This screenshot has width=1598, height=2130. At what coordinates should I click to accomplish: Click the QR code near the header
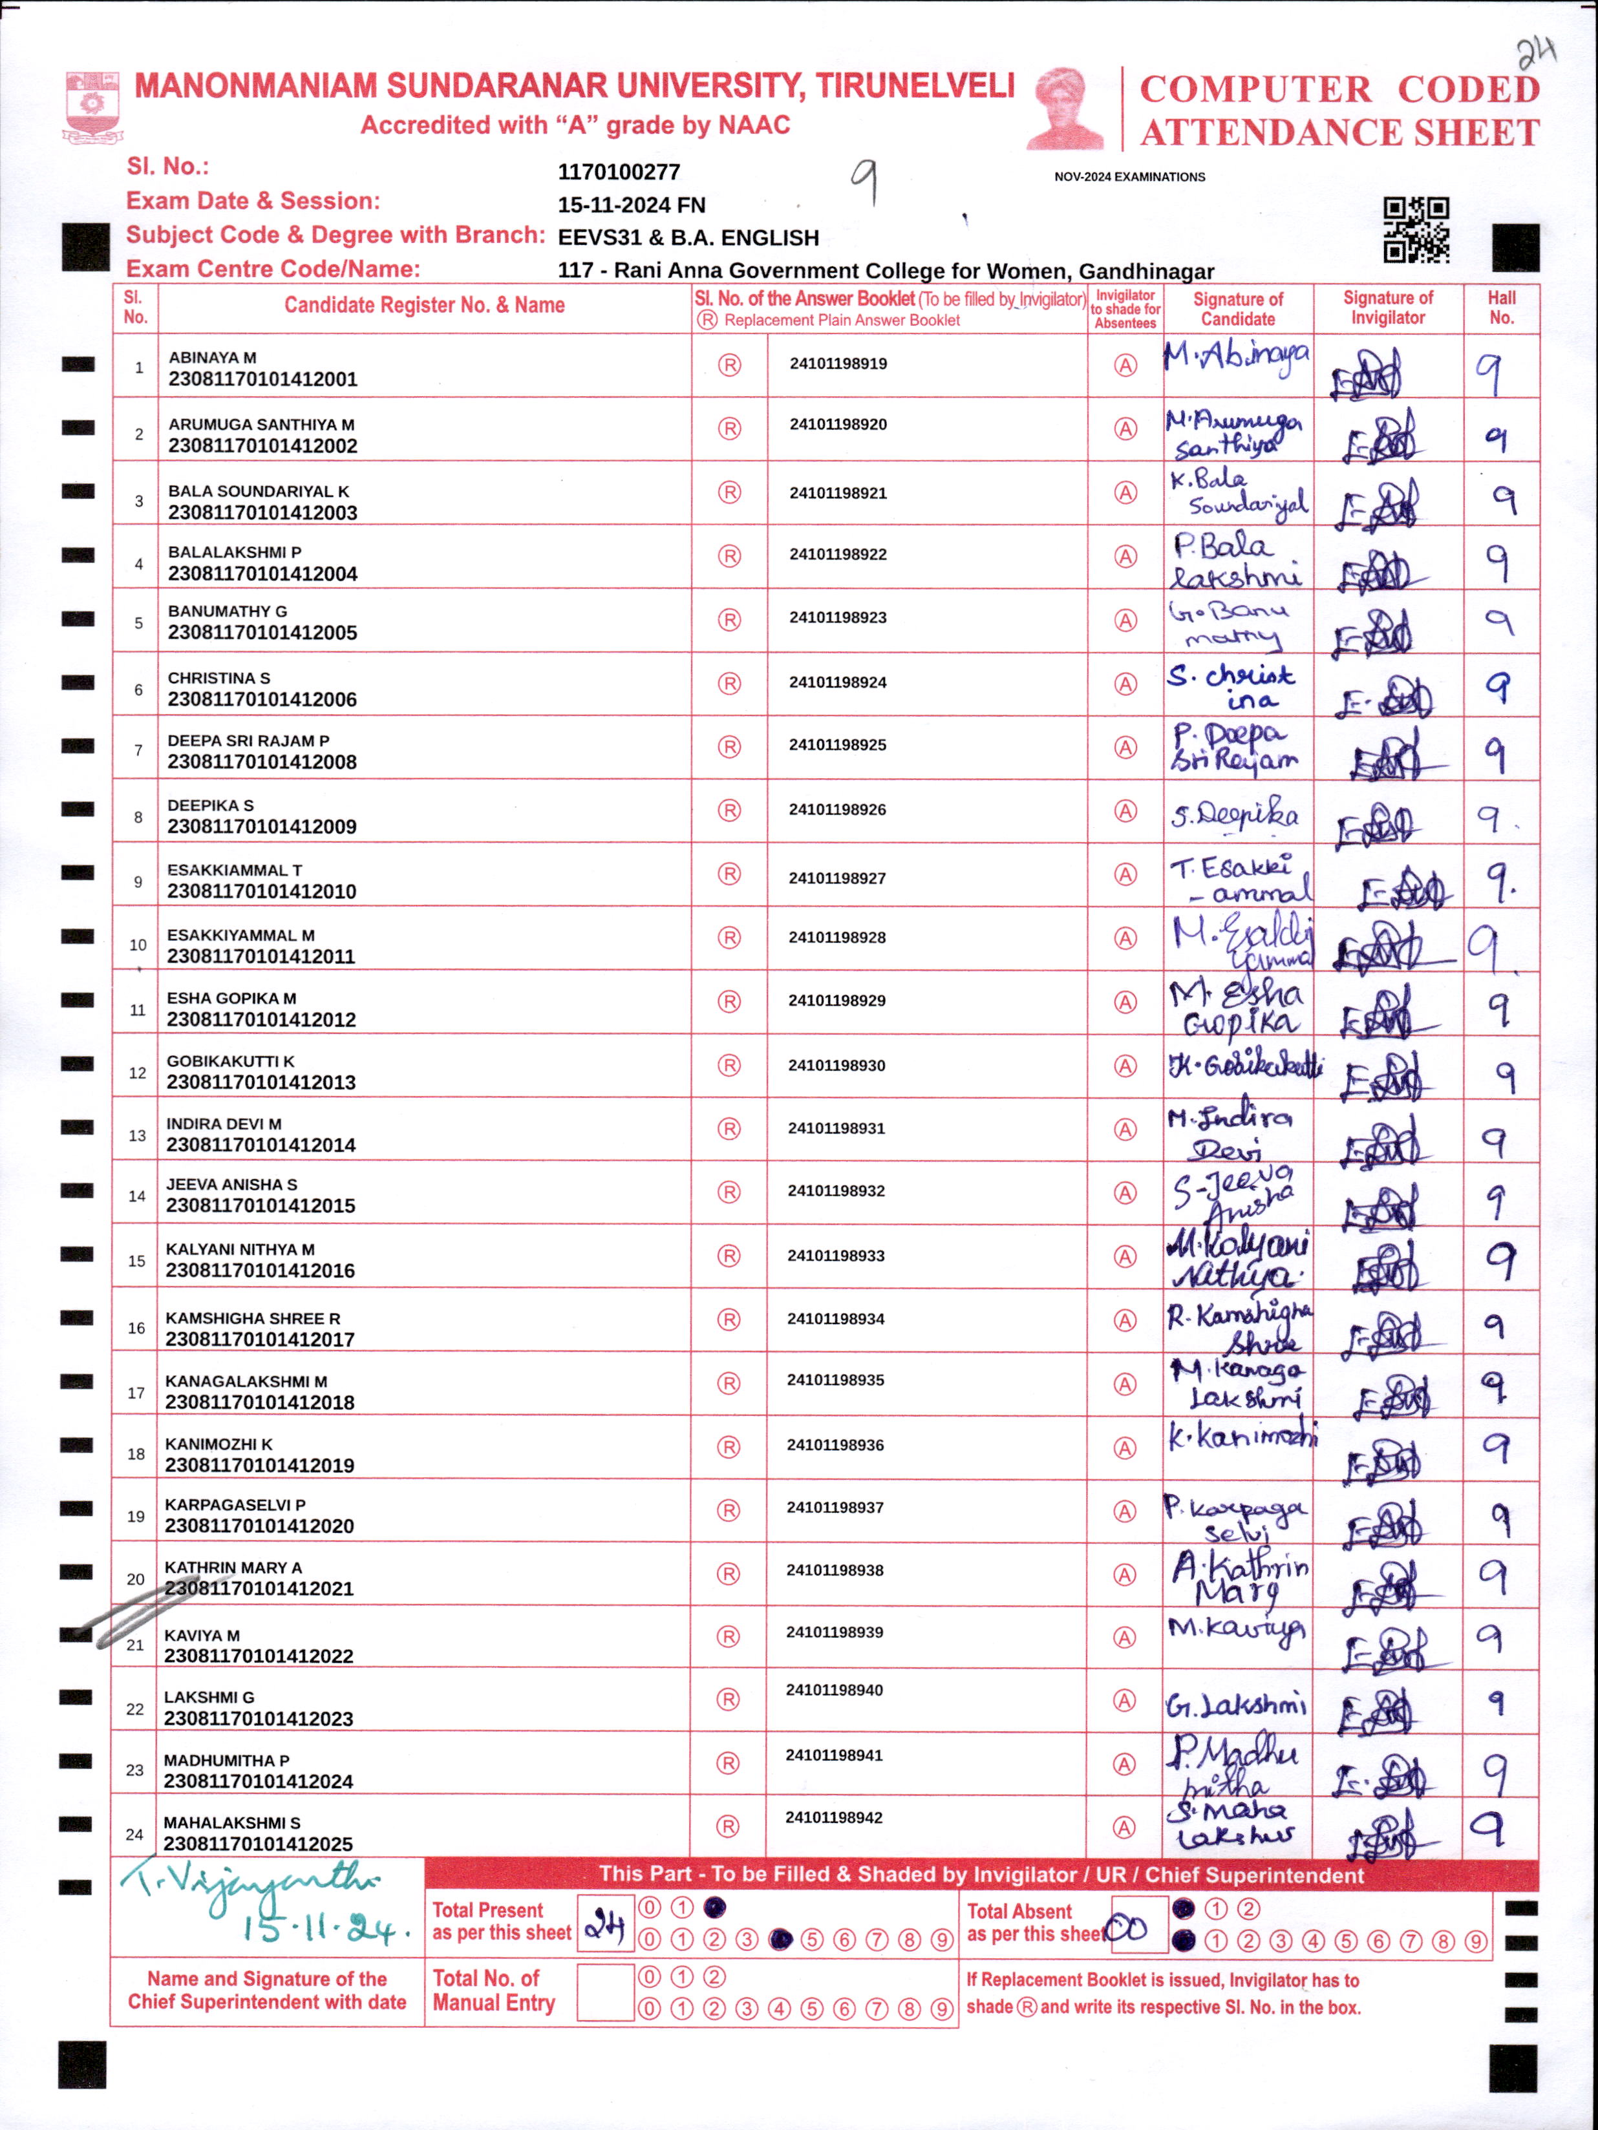[x=1416, y=229]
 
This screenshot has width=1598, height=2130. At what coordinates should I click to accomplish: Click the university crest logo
[x=92, y=106]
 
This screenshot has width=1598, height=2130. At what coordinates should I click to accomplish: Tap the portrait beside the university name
[x=1065, y=108]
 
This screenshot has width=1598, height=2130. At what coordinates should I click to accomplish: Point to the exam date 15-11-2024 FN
[x=631, y=205]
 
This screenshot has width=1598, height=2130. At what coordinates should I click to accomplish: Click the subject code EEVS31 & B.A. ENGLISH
[x=688, y=238]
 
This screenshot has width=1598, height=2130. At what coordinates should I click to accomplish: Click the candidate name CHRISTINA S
[x=218, y=678]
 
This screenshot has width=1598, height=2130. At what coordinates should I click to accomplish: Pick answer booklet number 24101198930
[x=836, y=1065]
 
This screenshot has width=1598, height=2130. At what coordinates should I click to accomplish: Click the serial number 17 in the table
[x=136, y=1393]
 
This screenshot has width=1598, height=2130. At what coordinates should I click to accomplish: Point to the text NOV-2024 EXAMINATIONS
[x=1129, y=177]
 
